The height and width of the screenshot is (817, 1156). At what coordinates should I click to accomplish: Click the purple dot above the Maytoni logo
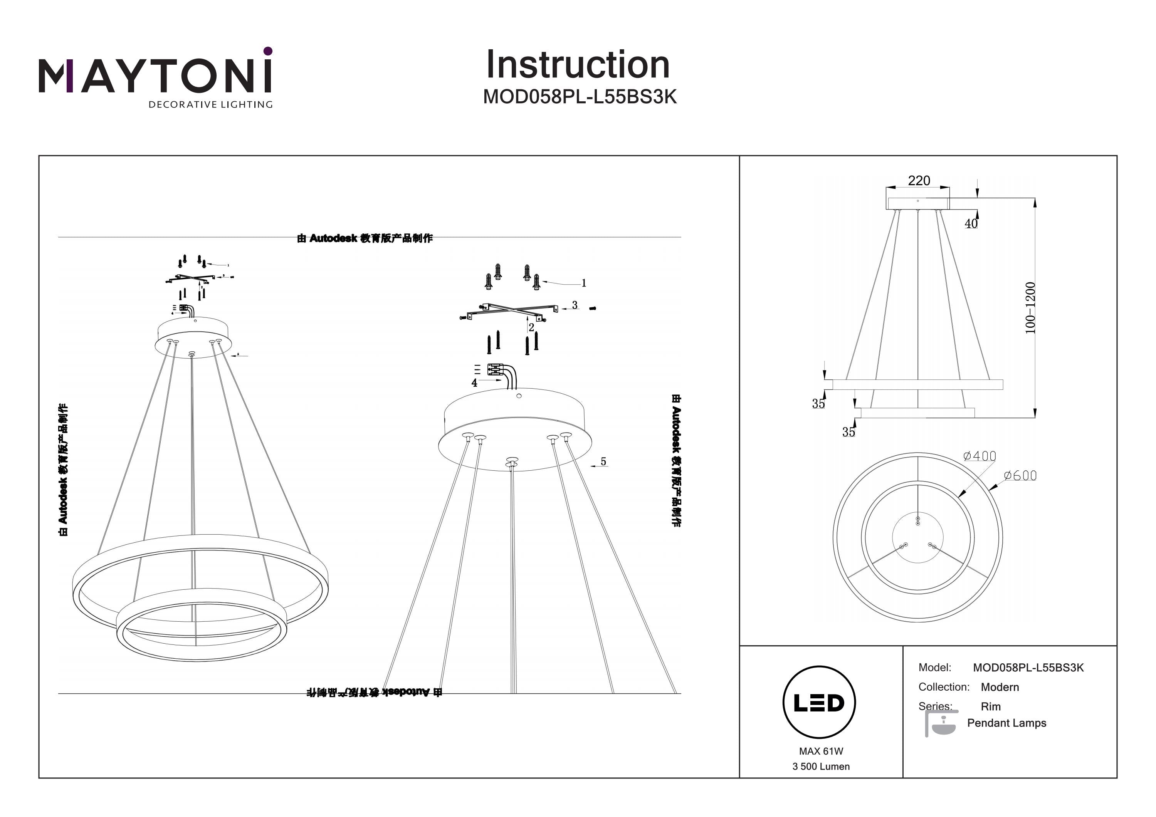(268, 51)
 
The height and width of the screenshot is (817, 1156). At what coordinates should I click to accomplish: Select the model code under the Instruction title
(580, 97)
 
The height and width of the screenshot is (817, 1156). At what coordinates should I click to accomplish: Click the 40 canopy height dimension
(971, 223)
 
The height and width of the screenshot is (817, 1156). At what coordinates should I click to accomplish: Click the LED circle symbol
(819, 702)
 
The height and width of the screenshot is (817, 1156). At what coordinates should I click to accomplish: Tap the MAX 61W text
(821, 751)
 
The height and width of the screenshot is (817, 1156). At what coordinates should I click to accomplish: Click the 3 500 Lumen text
(821, 766)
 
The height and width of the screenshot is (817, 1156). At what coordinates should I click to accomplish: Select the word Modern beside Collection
(1000, 687)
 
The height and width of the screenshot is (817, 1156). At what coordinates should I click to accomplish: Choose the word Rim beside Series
(990, 706)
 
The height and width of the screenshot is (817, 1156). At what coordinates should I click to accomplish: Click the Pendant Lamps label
(1006, 723)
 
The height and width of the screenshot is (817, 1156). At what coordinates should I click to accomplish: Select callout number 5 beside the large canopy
(603, 461)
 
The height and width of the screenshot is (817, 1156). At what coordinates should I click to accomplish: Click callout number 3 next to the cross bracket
(575, 305)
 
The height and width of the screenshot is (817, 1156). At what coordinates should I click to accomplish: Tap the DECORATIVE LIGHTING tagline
(210, 105)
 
